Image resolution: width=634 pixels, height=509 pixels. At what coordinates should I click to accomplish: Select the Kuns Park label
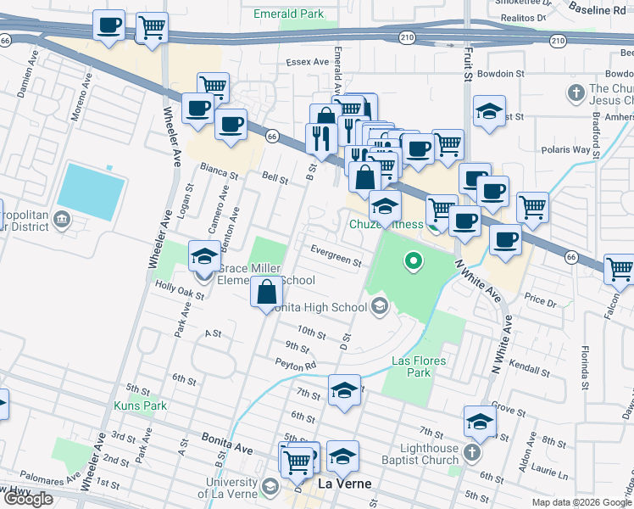140,406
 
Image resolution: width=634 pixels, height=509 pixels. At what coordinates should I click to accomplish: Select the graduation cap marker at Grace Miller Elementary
204,256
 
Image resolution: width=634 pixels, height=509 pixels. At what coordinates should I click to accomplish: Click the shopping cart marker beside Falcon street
620,269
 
